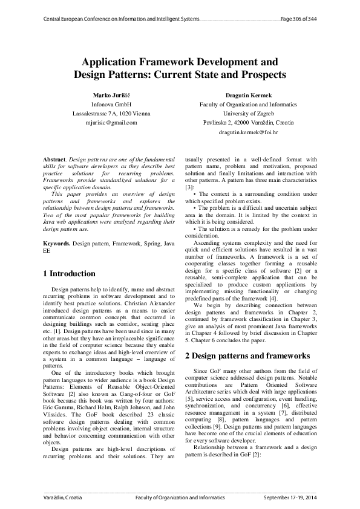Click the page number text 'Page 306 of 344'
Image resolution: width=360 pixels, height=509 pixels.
pos(299,19)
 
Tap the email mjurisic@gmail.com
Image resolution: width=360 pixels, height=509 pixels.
pos(111,122)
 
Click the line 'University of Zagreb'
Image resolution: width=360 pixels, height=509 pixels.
pos(248,113)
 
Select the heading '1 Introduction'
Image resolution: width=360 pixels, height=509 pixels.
pos(70,274)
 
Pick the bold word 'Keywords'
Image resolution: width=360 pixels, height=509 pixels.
pos(57,242)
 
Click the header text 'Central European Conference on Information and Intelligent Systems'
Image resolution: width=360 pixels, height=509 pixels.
pos(121,19)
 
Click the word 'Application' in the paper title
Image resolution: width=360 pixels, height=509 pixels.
pos(113,62)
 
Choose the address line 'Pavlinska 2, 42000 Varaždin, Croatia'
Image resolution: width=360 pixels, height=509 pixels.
pos(248,122)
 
